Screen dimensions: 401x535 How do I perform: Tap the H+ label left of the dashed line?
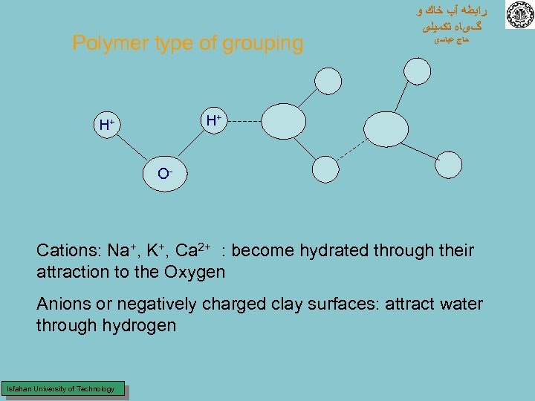coord(214,120)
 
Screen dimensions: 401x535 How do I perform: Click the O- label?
coord(165,174)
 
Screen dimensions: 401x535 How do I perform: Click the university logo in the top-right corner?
coord(519,16)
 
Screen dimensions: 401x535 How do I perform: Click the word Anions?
coord(63,304)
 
